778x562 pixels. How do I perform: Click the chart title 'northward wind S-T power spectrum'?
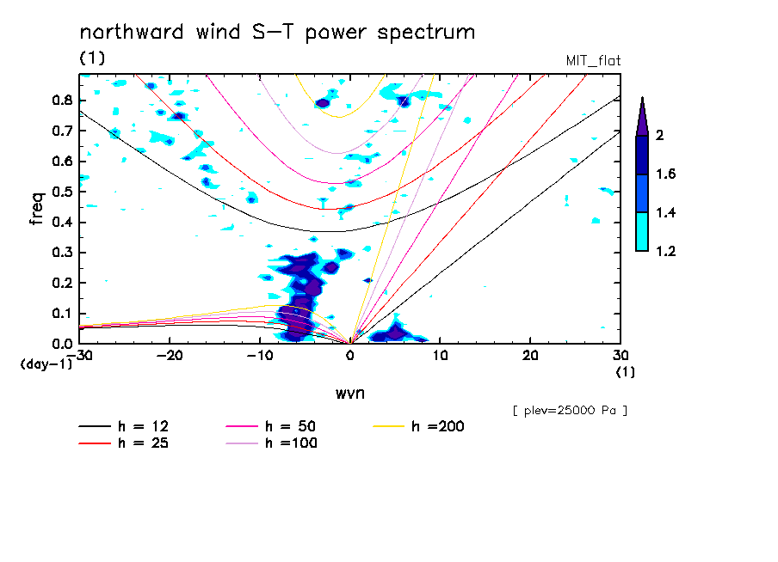click(277, 33)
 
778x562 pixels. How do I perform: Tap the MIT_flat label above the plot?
click(593, 61)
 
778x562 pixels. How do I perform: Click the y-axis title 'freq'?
click(36, 209)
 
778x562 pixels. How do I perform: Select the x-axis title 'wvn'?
click(349, 393)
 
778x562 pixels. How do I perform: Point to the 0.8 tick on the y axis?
click(63, 100)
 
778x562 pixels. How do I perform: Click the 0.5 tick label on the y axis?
click(63, 192)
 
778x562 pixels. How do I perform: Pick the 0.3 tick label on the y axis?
click(63, 253)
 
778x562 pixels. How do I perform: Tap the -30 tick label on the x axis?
click(79, 355)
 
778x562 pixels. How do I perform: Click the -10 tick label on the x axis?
click(259, 355)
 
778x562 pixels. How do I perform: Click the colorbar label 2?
click(659, 136)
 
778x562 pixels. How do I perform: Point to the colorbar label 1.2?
click(664, 251)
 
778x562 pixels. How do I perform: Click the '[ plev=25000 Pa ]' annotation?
click(570, 411)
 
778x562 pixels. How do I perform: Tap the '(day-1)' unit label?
click(46, 364)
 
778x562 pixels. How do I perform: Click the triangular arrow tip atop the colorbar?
click(642, 115)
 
